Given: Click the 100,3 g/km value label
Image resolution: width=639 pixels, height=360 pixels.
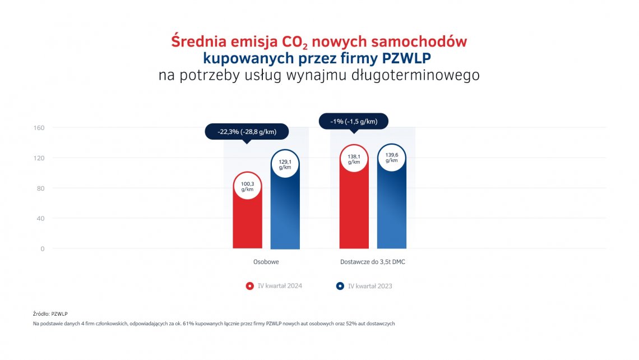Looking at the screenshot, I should [x=247, y=186].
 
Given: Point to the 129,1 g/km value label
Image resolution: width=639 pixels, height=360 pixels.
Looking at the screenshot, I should [x=285, y=164].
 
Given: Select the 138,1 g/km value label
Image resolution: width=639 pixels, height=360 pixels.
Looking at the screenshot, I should [x=354, y=159].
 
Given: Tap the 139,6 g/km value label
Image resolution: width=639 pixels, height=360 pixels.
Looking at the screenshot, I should [x=391, y=158].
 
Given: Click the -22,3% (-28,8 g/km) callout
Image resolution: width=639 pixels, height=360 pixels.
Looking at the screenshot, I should [x=247, y=132].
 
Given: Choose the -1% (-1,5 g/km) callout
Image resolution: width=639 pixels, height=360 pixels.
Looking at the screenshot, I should [x=353, y=121].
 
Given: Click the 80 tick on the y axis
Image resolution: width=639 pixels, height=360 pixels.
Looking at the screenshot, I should [x=41, y=188].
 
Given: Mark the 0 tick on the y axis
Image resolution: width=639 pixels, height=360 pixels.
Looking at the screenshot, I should [x=43, y=249].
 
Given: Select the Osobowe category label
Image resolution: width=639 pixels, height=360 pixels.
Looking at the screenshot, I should [x=266, y=262].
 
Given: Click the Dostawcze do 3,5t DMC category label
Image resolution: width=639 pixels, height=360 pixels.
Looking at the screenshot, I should [x=373, y=262].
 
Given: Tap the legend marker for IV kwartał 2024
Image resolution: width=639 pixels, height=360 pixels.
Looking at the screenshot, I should [x=250, y=286].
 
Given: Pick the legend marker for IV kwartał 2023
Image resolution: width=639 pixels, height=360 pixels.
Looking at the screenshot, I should [x=340, y=286].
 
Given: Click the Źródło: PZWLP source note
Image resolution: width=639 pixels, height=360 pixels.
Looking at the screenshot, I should [x=50, y=313].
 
